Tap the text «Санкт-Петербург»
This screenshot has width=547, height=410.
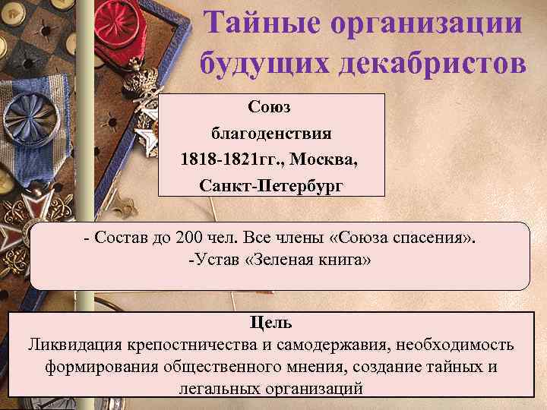(271, 185)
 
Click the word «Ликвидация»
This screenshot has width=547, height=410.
(72, 345)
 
